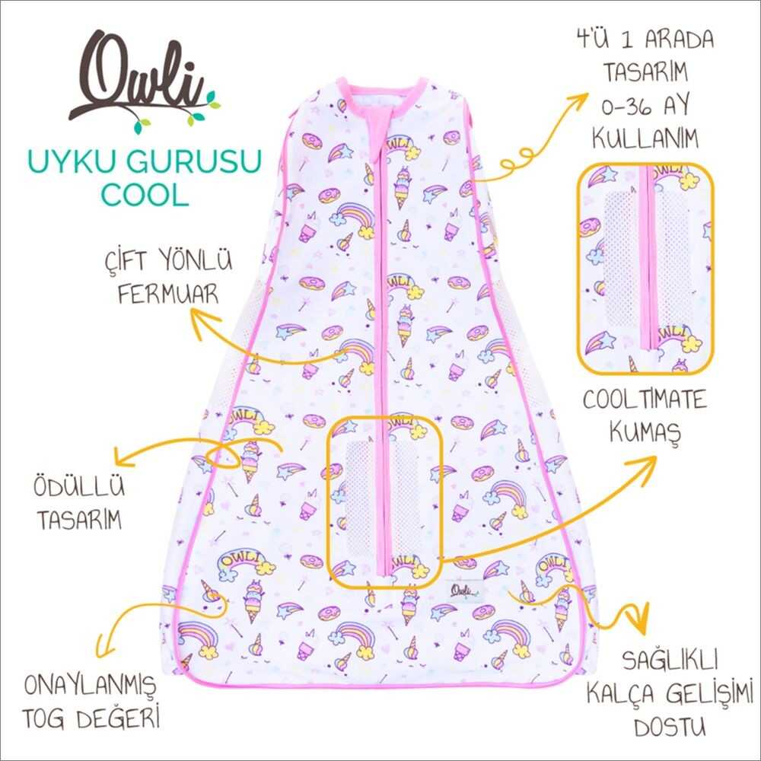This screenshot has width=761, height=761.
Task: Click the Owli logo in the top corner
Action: click(x=144, y=81)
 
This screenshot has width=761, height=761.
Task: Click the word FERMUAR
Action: click(x=168, y=294)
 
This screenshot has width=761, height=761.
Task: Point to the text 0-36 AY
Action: click(x=645, y=106)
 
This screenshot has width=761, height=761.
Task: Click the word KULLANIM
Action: click(x=645, y=139)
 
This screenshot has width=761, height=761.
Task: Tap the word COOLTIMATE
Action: click(x=645, y=400)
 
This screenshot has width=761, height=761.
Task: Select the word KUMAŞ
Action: click(x=645, y=432)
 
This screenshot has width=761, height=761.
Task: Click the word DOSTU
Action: click(x=670, y=727)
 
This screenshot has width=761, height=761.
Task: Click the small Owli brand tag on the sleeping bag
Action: click(x=463, y=591)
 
